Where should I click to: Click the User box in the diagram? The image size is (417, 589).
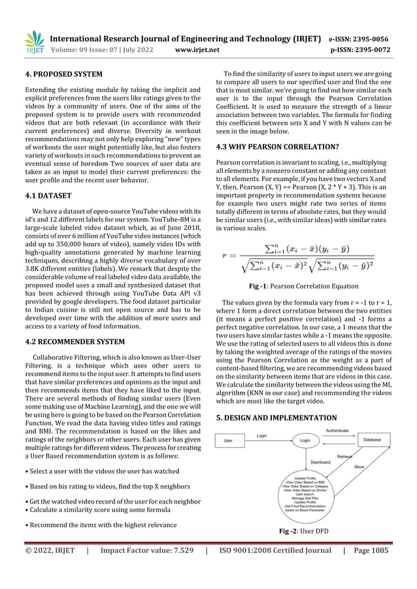coord(229,441)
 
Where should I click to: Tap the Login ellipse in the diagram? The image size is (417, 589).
coord(305,441)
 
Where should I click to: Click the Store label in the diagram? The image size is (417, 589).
coord(359,467)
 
